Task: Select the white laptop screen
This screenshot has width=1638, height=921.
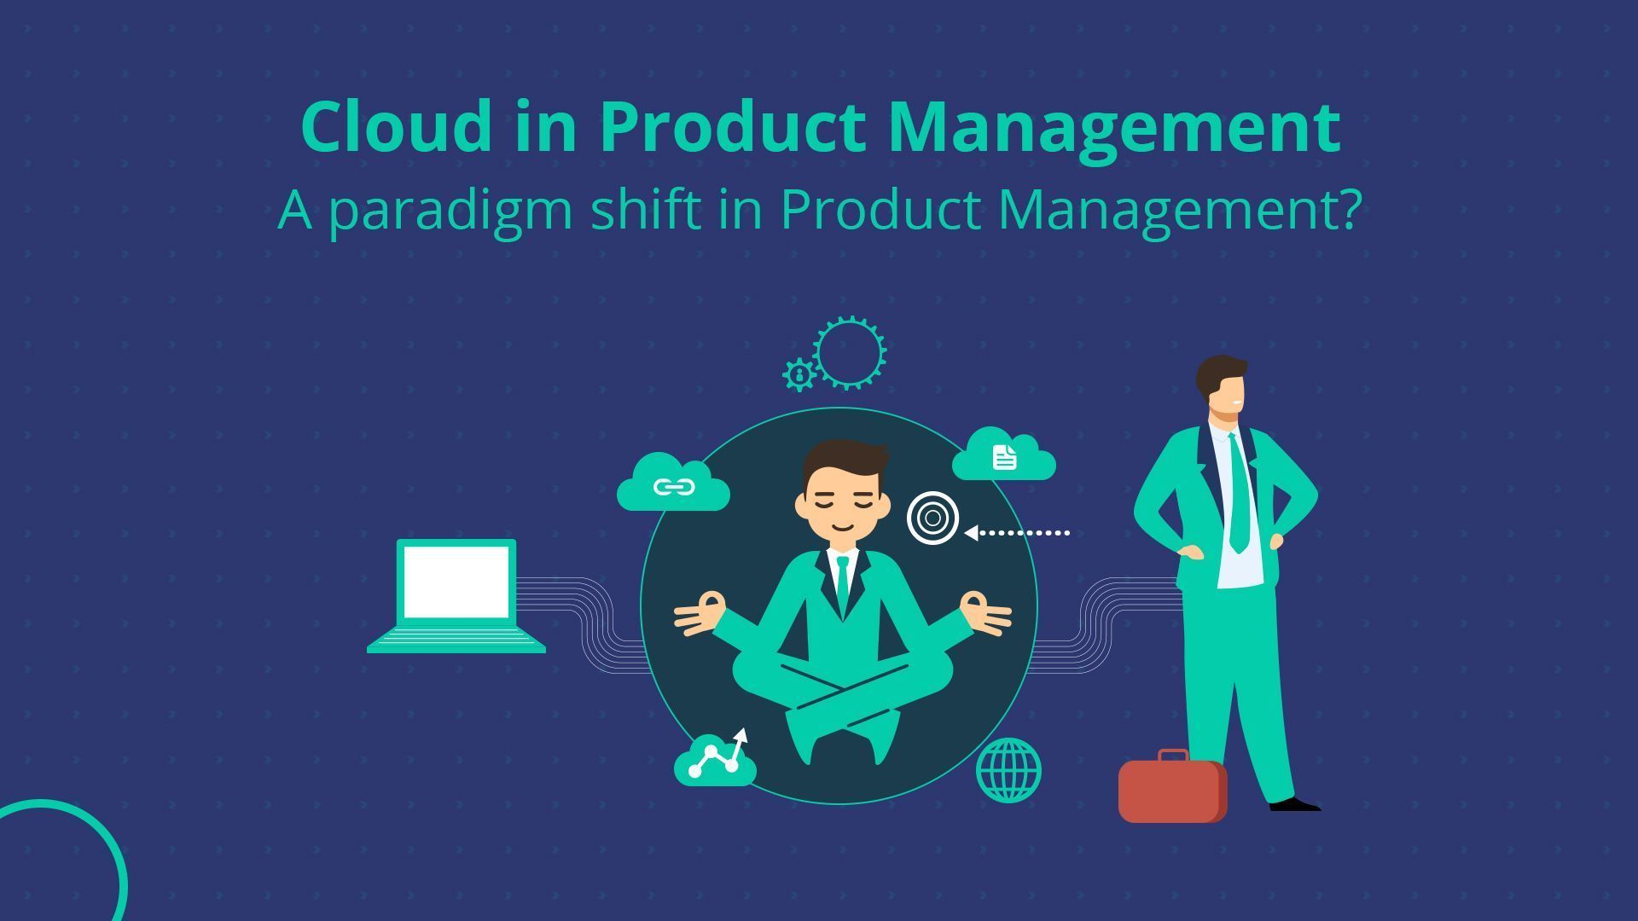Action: click(x=456, y=582)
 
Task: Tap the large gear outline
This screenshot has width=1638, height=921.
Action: click(x=849, y=353)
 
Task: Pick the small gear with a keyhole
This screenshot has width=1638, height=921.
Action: click(x=799, y=374)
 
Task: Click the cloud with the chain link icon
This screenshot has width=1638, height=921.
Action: click(x=673, y=485)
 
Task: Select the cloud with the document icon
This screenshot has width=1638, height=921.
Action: click(x=1004, y=456)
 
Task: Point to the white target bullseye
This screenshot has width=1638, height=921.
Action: click(x=932, y=518)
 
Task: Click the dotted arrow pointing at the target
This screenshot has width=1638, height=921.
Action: click(x=1019, y=533)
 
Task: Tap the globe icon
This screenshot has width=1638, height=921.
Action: click(x=1008, y=770)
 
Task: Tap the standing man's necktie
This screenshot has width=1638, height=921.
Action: click(x=1237, y=495)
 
